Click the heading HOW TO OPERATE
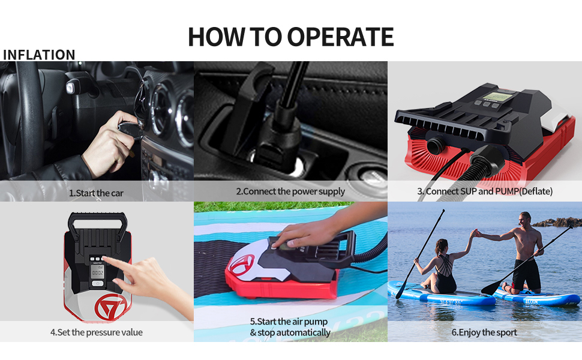point(290,37)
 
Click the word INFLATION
point(39,55)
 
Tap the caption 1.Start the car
point(96,193)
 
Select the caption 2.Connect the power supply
point(290,191)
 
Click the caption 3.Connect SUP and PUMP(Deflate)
point(485,191)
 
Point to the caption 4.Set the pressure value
point(97,332)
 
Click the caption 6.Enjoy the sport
point(484,332)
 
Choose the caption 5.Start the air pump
point(289,322)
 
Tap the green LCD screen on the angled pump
point(498,97)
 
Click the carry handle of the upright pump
point(97,221)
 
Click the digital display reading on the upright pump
point(98,272)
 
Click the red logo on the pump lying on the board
point(242,264)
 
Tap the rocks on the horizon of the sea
point(557,223)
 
